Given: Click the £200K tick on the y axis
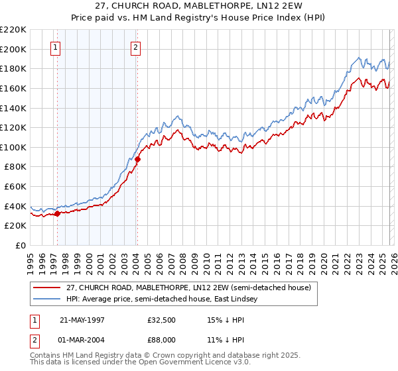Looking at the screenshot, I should point(14,49).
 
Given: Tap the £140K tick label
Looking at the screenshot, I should point(14,108).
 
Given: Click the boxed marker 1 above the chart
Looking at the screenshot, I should point(55,47).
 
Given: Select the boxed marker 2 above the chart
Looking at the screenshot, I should point(135,47).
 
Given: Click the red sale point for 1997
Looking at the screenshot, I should point(58,213).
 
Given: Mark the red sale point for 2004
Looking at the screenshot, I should point(137,159).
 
